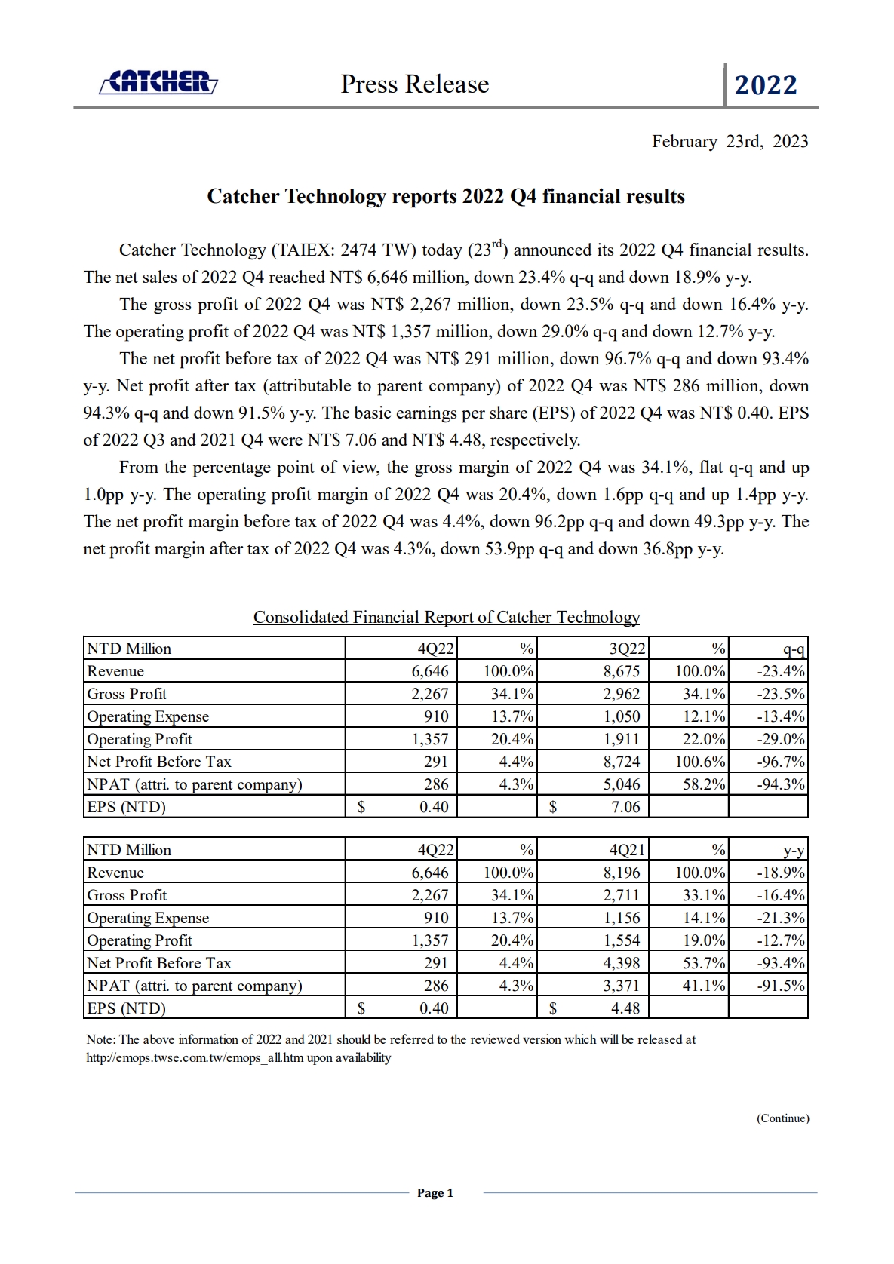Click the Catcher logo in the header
pos(158,82)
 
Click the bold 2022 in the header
pos(765,85)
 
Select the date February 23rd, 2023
pos(730,142)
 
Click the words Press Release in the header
pos(414,84)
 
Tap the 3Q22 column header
pos(627,649)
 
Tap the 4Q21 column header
pos(627,850)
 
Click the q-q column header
pos(794,649)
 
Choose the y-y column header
pos(794,851)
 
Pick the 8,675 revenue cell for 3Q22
pos(621,671)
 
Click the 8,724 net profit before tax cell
pos(621,762)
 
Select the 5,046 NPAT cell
pos(621,784)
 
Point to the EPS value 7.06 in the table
pos(625,807)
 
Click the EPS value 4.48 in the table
pos(625,1008)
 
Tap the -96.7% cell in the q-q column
pos(781,762)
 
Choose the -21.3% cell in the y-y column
pos(781,918)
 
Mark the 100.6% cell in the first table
pos(700,762)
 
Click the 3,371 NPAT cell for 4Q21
pos(621,986)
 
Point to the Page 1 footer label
pos(435,1193)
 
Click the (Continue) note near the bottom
pos(782,1118)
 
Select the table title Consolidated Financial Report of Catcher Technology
pos(447,618)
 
